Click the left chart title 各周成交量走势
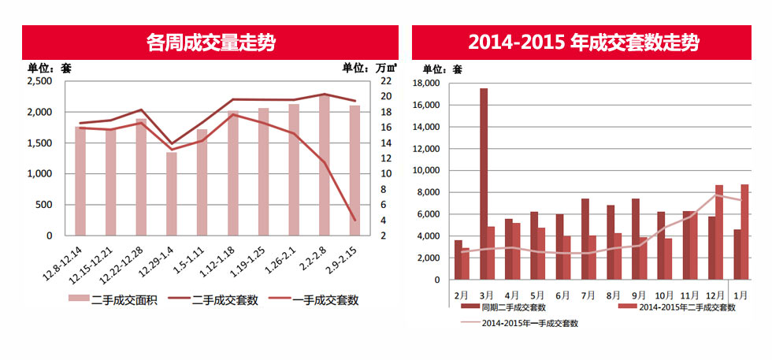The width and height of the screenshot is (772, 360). click(x=211, y=42)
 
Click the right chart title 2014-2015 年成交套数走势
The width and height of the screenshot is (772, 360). click(x=583, y=42)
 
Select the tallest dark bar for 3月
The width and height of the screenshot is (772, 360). click(x=483, y=184)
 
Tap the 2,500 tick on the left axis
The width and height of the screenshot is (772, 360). click(x=39, y=81)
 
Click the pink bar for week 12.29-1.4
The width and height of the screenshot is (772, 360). click(x=172, y=194)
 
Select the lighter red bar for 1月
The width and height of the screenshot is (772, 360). click(x=744, y=232)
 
